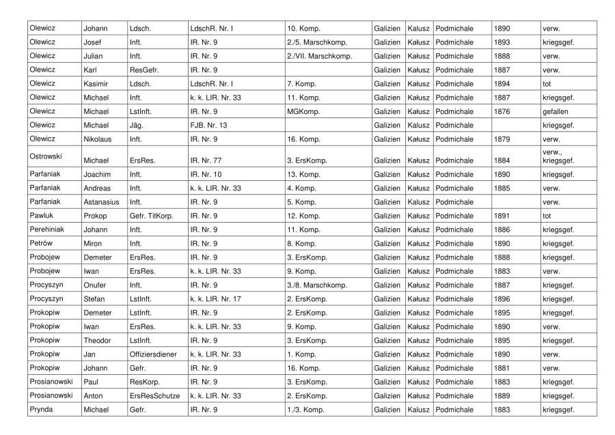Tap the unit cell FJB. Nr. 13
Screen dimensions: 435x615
click(x=208, y=126)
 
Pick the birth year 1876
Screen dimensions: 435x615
click(x=502, y=111)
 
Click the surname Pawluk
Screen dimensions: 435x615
click(x=42, y=216)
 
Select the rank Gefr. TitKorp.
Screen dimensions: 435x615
click(x=152, y=216)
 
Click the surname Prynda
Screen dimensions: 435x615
click(x=42, y=409)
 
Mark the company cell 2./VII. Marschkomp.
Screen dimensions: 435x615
click(x=319, y=56)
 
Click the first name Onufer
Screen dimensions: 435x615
click(x=96, y=285)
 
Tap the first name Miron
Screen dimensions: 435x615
click(x=94, y=243)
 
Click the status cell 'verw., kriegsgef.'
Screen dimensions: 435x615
click(x=558, y=156)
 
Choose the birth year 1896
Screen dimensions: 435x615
click(x=502, y=298)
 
